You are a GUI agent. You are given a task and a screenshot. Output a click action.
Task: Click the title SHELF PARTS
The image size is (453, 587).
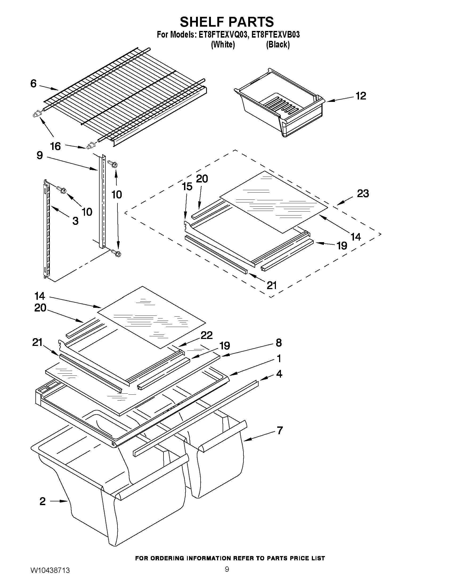(x=227, y=22)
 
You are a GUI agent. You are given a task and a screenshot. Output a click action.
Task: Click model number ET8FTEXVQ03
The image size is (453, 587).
(x=222, y=35)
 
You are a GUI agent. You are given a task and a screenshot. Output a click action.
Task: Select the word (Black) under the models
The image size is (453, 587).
(x=278, y=45)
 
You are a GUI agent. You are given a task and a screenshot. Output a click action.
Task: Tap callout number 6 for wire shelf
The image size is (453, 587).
(x=33, y=83)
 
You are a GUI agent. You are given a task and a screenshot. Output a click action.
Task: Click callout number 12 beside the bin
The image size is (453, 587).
(x=361, y=96)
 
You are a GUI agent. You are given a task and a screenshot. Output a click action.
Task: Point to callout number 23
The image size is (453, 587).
(x=363, y=193)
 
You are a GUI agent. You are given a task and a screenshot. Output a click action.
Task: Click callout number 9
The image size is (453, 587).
(x=40, y=155)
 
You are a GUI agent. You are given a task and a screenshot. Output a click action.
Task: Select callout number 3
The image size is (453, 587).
(x=76, y=221)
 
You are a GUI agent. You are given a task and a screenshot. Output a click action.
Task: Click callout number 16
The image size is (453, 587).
(x=56, y=146)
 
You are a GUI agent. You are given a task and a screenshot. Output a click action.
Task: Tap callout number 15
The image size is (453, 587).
(x=187, y=186)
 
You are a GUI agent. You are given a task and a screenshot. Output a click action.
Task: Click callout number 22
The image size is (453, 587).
(x=206, y=335)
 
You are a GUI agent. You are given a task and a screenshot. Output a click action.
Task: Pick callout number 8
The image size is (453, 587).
(x=279, y=343)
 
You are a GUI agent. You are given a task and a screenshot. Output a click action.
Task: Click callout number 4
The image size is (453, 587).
(x=279, y=374)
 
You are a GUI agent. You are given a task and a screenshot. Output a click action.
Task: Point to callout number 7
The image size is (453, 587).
(x=280, y=430)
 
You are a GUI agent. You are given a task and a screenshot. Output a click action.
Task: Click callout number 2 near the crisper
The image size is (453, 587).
(x=43, y=501)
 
